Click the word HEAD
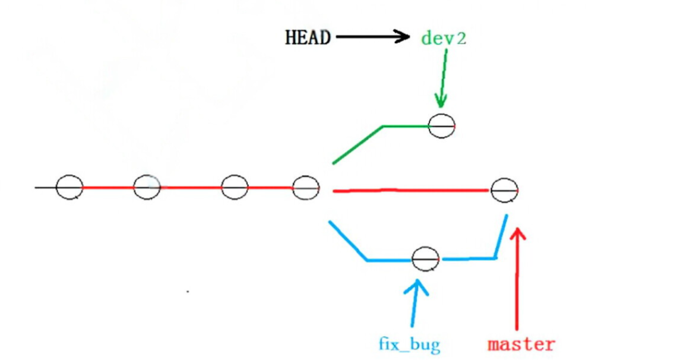pos(308,38)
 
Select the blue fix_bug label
pos(410,344)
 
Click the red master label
pos(521,344)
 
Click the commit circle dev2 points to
pos(441,125)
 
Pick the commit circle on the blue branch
pos(425,259)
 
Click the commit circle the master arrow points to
pos(504,190)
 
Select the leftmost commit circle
pos(69,188)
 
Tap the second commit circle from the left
pos(147,188)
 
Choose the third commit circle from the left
pos(235,188)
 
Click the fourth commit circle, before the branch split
pos(306,188)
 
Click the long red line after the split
pos(410,191)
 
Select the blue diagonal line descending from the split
pos(347,241)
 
